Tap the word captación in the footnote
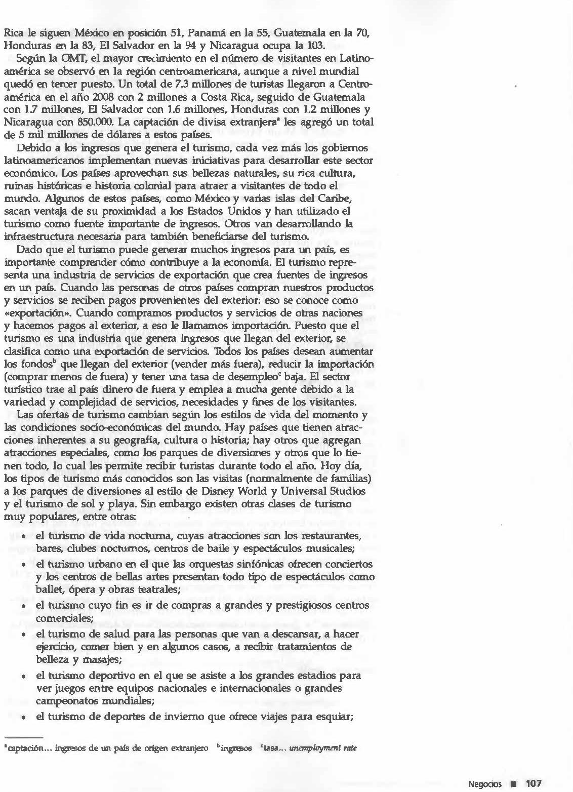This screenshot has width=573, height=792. click(20, 748)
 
